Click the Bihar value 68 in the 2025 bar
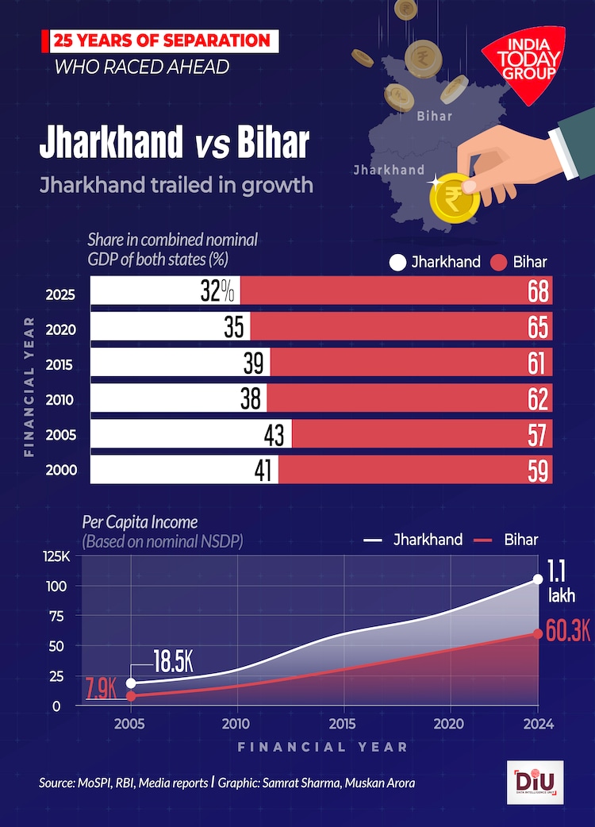coord(538,292)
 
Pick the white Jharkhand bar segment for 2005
coord(191,434)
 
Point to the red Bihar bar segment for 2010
coord(409,398)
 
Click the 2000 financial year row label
coord(62,470)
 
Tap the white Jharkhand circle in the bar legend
coord(397,262)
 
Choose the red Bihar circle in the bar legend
coord(499,262)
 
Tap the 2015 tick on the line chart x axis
coord(344,725)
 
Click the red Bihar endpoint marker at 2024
coord(538,633)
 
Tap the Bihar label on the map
coord(434,116)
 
